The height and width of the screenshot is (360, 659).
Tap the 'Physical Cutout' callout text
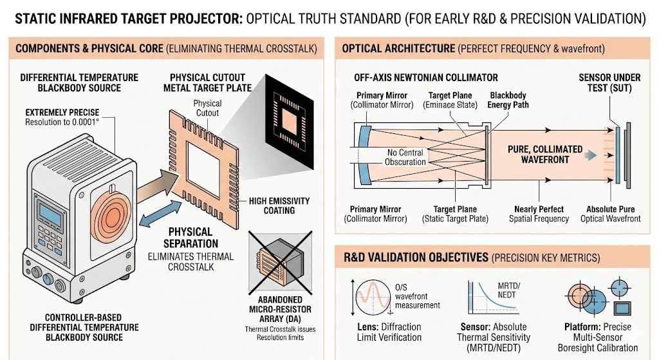pyautogui.click(x=207, y=108)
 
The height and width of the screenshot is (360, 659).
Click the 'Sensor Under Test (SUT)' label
pyautogui.click(x=609, y=82)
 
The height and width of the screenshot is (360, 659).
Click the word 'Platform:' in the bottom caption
pyautogui.click(x=579, y=327)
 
